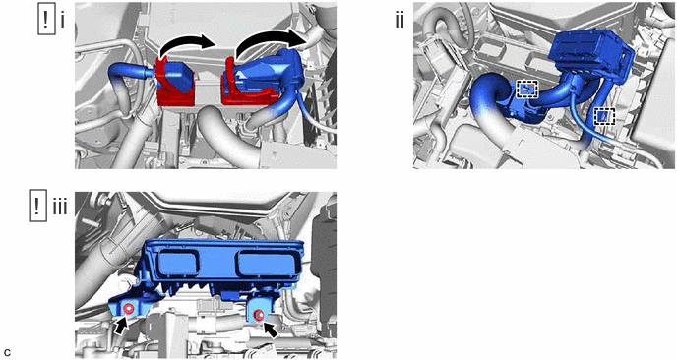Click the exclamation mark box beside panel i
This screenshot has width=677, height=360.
coord(46,21)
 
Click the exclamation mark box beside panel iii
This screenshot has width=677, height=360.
coord(38,208)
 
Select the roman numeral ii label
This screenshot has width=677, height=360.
coord(400,20)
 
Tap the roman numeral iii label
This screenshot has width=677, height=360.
coord(60,208)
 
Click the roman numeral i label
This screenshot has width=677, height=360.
coord(62,21)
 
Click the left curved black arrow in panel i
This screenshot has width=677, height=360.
coord(186,42)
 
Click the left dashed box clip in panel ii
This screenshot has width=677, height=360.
coord(527,90)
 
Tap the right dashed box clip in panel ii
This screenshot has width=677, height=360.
coord(604,116)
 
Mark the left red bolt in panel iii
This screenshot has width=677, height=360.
coord(128,309)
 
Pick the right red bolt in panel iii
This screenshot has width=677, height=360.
coord(258,315)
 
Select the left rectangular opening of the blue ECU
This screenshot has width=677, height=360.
coord(177,263)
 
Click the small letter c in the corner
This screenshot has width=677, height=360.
coord(7,352)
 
